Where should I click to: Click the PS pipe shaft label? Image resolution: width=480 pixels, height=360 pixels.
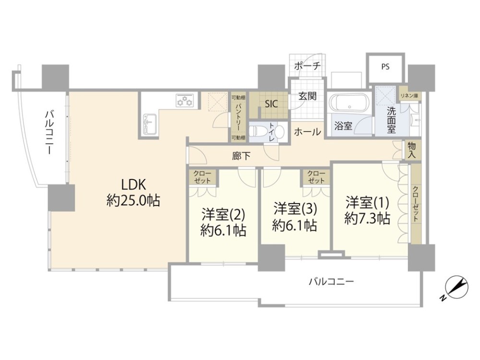(x=385, y=67)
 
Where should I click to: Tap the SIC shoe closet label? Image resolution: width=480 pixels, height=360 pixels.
(x=271, y=104)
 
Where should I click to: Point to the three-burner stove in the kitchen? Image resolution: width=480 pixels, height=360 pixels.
(x=185, y=100)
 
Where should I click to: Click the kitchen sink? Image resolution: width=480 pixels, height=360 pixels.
(x=149, y=124)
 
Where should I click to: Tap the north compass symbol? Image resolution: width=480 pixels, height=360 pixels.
(x=456, y=288)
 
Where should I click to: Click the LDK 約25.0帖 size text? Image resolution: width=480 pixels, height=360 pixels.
(x=133, y=201)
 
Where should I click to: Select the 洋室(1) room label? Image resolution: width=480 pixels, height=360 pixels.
(x=367, y=203)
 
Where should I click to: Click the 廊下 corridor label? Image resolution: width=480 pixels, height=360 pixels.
(x=241, y=156)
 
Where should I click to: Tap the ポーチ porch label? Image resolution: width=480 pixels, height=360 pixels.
(x=307, y=66)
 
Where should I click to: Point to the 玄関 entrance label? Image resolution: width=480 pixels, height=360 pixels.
(x=307, y=96)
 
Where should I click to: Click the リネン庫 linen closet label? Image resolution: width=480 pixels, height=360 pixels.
(x=409, y=96)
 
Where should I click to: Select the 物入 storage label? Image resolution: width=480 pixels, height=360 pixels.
(x=412, y=150)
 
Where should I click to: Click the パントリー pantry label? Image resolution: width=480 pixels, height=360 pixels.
(x=238, y=118)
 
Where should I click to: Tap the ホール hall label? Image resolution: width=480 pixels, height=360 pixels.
(x=307, y=132)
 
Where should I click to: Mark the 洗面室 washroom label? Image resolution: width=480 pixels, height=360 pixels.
(x=391, y=120)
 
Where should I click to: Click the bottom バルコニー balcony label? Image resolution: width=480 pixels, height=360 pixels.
(x=331, y=281)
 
